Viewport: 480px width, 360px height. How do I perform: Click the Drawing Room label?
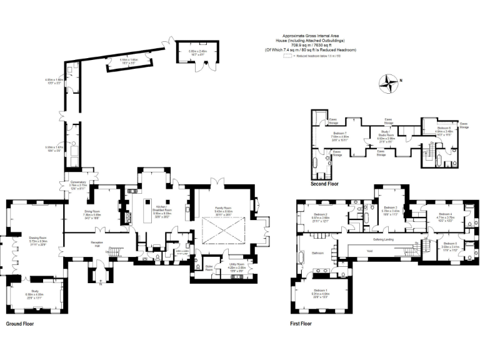(38, 238)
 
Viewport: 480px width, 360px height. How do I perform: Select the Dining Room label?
(93, 211)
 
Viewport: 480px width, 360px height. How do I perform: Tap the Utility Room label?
(236, 265)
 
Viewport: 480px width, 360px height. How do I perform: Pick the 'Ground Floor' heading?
(20, 324)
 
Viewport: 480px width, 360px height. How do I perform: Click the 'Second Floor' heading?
(324, 185)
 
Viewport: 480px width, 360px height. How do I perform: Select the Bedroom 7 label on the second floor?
(340, 134)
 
